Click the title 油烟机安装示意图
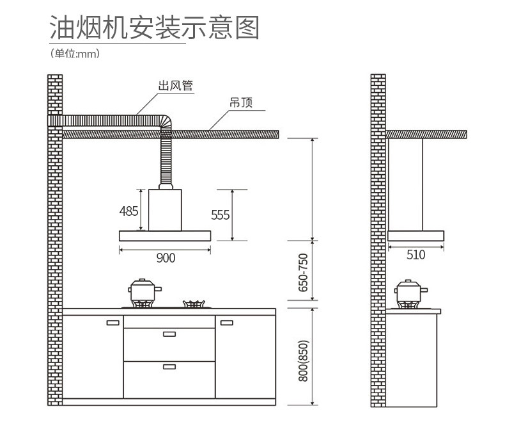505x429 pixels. pyautogui.click(x=153, y=28)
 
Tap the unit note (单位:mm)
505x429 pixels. pyautogui.click(x=75, y=54)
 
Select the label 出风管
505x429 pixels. pyautogui.click(x=176, y=86)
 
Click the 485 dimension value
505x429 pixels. pyautogui.click(x=128, y=211)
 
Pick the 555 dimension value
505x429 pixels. pyautogui.click(x=220, y=214)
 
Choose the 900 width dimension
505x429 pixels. pyautogui.click(x=165, y=257)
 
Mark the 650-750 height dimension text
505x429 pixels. pyautogui.click(x=303, y=273)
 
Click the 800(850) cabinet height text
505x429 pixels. pyautogui.click(x=303, y=361)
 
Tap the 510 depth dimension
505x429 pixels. pyautogui.click(x=416, y=255)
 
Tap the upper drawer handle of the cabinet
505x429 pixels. pyautogui.click(x=169, y=334)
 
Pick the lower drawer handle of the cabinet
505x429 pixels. pyautogui.click(x=169, y=366)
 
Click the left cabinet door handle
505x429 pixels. pyautogui.click(x=113, y=322)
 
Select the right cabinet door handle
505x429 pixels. pyautogui.click(x=226, y=322)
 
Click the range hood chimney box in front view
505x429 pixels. pyautogui.click(x=166, y=209)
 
